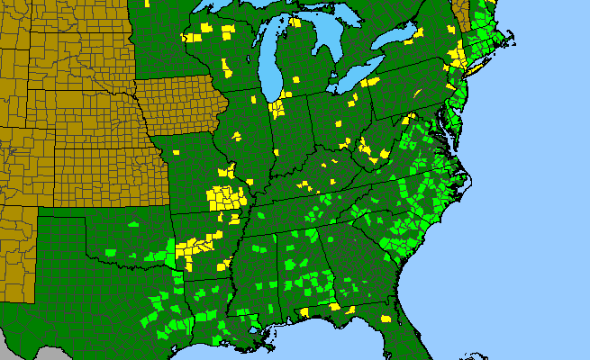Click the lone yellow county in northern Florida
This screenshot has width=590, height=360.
[386, 319]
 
